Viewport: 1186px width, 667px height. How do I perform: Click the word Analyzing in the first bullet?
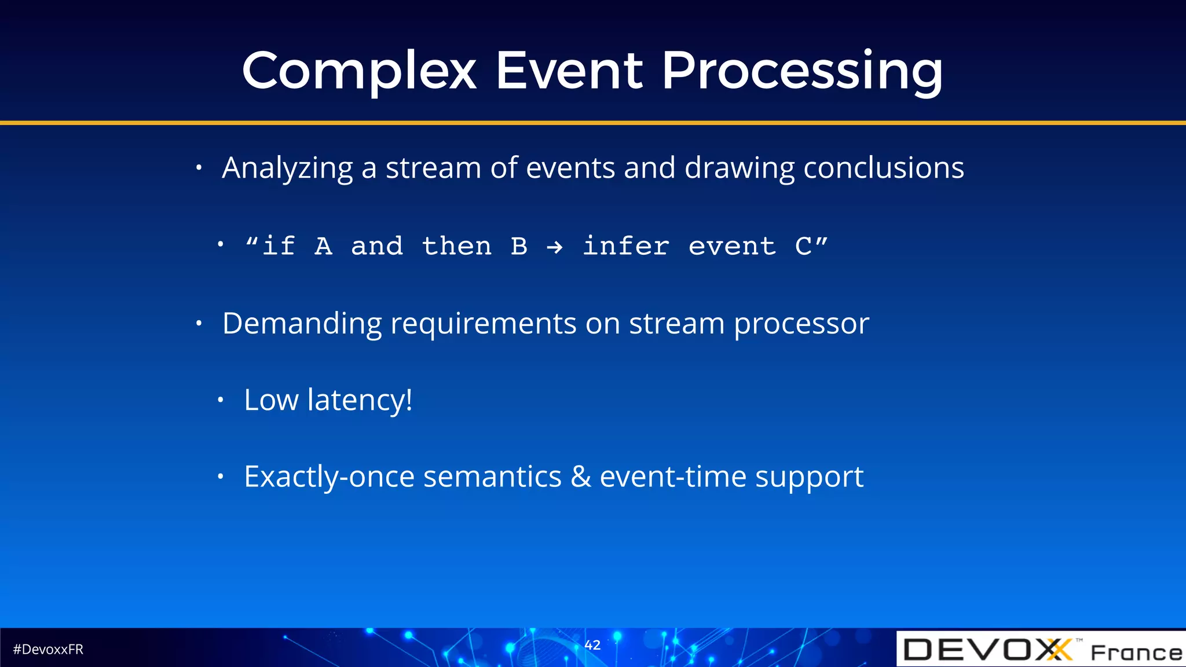point(287,168)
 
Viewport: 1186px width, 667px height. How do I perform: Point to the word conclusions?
point(884,168)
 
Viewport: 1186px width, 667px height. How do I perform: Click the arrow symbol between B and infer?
point(554,248)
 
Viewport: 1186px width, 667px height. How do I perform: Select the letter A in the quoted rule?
point(323,247)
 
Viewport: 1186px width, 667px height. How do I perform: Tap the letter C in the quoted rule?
point(803,247)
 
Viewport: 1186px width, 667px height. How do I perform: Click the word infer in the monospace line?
point(625,247)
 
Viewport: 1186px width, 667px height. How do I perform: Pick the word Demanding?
point(302,324)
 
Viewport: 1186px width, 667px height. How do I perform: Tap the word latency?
point(360,400)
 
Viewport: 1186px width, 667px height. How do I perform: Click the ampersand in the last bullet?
point(580,477)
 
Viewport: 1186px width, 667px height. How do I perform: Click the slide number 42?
point(592,645)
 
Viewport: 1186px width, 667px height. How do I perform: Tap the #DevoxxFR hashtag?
point(48,650)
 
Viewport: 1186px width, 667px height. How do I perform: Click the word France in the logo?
point(1136,653)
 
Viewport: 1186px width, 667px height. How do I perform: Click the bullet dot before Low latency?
point(220,400)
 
